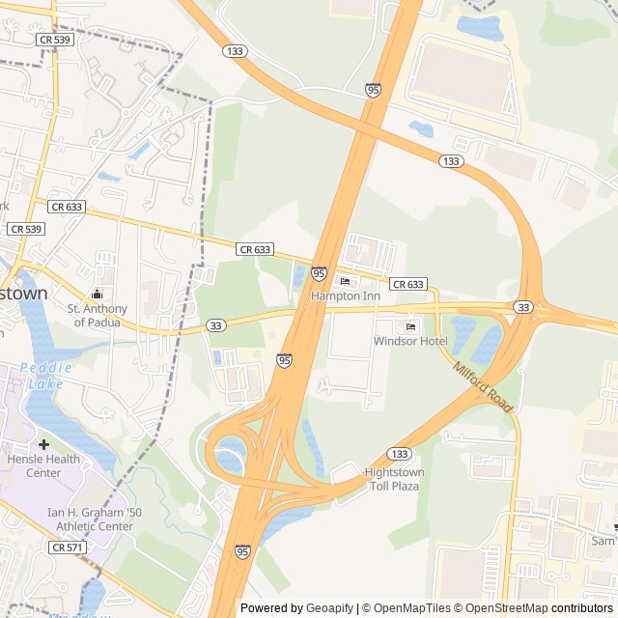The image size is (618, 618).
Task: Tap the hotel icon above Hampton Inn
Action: tap(346, 282)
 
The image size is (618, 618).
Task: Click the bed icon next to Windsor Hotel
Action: tap(410, 327)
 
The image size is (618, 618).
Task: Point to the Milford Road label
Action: tap(481, 383)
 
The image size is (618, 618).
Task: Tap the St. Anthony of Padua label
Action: tap(97, 315)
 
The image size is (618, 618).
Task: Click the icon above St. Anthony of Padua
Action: tap(97, 294)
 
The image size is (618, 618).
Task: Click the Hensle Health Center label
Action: tap(44, 465)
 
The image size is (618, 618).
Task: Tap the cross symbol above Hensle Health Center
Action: tap(44, 444)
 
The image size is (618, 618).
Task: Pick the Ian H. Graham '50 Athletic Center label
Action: tap(90, 520)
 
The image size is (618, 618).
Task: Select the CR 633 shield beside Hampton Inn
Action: tap(408, 284)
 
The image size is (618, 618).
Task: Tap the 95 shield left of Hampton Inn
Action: tap(319, 274)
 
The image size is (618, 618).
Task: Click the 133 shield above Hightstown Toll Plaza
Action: tap(399, 453)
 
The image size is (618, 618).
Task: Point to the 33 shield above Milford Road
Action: tap(523, 307)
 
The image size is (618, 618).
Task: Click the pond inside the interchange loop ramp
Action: tap(230, 451)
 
